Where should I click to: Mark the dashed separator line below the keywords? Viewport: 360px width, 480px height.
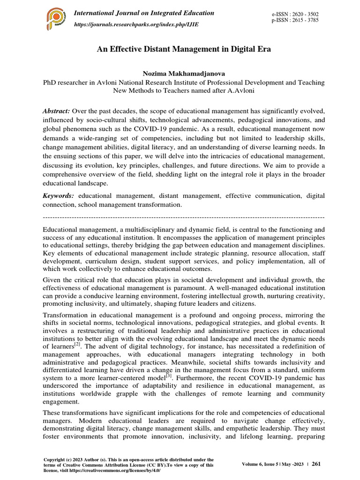[183, 217]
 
